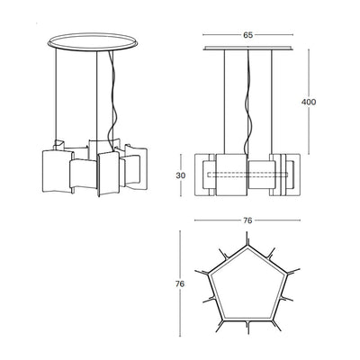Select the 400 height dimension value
click(x=309, y=103)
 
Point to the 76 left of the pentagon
click(x=182, y=283)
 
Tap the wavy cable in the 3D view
click(x=113, y=99)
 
